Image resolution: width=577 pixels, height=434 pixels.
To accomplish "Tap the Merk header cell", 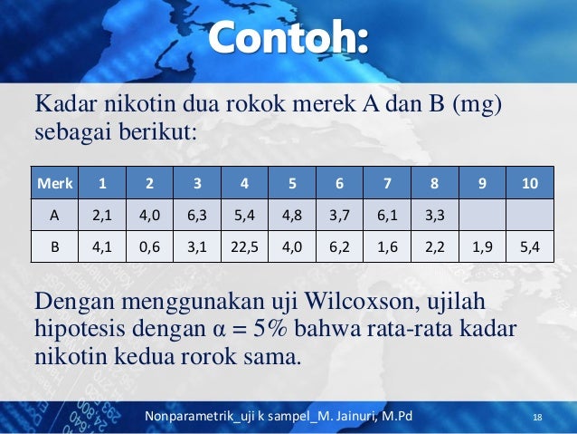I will (x=55, y=185).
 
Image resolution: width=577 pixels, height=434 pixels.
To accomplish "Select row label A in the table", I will (x=55, y=216).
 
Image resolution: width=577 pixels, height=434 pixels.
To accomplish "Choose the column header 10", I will (x=529, y=185).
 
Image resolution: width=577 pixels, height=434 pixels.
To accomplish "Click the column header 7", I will (x=387, y=185).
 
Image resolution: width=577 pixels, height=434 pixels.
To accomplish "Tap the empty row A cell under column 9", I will (x=481, y=216).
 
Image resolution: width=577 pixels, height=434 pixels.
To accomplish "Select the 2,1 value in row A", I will (x=102, y=216).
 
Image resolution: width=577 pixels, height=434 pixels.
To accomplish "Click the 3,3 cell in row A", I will (x=434, y=216).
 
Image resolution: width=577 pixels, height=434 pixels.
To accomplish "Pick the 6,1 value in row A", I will (x=387, y=216).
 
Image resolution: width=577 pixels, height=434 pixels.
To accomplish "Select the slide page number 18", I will (x=538, y=417).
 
